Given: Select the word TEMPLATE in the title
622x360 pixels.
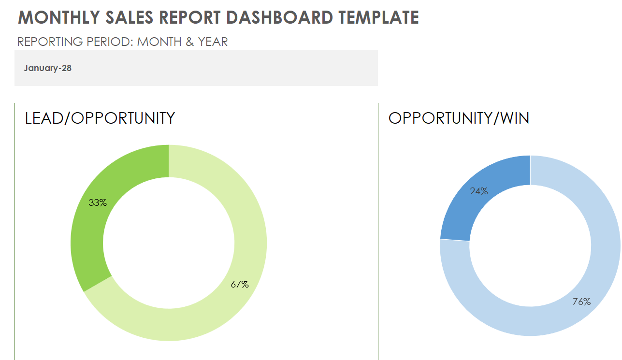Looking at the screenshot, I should [x=378, y=17].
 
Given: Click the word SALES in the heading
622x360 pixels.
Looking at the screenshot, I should [x=127, y=17].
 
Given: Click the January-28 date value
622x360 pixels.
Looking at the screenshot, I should [x=47, y=68].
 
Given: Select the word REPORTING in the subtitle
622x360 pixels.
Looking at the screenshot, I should [x=50, y=42].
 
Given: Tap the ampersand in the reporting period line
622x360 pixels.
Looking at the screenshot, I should [x=190, y=42].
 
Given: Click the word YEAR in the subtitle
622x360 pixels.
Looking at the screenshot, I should [x=213, y=42].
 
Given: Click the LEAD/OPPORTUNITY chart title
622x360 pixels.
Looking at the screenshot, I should [x=100, y=118].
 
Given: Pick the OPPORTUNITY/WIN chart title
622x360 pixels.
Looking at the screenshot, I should [x=459, y=118].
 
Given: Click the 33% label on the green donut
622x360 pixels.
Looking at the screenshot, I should [x=98, y=203].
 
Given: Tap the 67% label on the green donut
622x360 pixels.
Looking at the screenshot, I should [x=240, y=285].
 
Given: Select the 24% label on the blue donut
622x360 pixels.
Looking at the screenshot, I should [x=479, y=191].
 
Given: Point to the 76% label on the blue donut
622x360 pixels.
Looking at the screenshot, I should [x=581, y=302].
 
